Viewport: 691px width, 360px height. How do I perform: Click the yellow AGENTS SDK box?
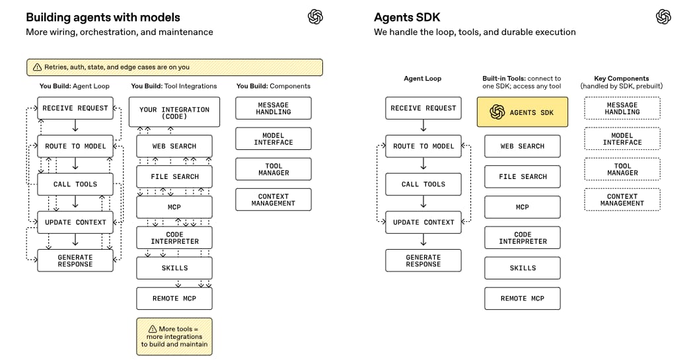coord(522,112)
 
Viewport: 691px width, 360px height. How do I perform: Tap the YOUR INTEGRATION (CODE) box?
coord(174,112)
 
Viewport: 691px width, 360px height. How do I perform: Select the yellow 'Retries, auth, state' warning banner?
coord(174,67)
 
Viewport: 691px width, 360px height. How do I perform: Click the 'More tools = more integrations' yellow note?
coord(174,336)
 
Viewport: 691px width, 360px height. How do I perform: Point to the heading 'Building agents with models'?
coord(103,17)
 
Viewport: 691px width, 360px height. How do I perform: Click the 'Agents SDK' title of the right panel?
coord(408,17)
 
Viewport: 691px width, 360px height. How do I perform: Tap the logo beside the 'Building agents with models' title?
coord(315,17)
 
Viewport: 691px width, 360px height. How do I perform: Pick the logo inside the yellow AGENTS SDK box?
coord(497,112)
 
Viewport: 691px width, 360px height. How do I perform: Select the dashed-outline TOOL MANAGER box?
coord(622,169)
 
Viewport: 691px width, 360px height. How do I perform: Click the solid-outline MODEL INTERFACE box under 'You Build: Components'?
coord(273,139)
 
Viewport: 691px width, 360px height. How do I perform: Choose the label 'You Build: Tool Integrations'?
coord(174,86)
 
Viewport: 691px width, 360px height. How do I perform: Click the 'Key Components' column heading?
coord(622,79)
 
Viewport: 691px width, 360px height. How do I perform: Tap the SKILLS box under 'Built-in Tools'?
coord(522,268)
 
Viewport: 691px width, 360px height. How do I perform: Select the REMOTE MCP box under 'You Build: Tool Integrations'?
coord(174,299)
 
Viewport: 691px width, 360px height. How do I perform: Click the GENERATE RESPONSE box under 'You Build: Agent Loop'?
coord(75,260)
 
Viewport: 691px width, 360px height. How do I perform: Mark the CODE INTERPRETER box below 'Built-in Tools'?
coord(522,238)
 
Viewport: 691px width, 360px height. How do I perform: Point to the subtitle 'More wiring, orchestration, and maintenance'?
coord(119,32)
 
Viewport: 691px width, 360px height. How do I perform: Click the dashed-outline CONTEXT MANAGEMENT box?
coord(622,199)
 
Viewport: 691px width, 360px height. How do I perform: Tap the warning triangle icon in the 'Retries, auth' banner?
coord(37,67)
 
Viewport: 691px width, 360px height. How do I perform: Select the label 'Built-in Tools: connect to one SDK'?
coord(522,82)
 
